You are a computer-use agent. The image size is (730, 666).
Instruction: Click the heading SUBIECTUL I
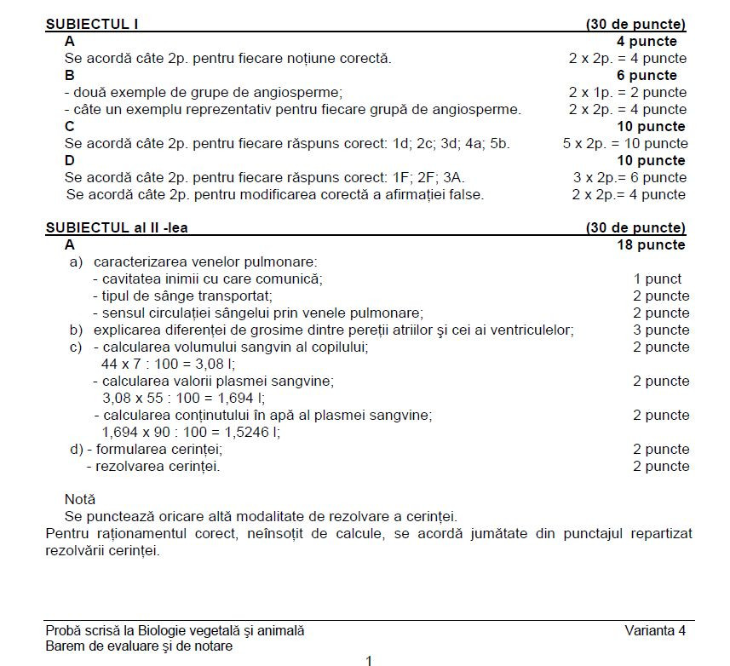point(92,24)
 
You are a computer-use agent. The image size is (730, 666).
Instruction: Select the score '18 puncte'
point(651,245)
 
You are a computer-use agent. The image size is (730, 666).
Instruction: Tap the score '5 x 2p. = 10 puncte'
point(625,143)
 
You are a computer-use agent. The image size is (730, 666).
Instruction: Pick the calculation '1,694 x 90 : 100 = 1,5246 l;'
point(191,432)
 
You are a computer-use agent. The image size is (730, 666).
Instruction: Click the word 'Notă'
point(80,499)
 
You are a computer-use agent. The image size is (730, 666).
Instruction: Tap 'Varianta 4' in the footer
point(654,630)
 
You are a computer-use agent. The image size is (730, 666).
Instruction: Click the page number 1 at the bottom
point(369,660)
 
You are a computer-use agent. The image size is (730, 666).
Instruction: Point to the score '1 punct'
point(657,278)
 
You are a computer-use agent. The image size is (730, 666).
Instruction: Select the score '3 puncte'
point(661,330)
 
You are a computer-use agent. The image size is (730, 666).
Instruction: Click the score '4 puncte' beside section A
point(647,41)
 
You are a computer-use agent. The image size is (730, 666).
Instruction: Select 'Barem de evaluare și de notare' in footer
point(139,646)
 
